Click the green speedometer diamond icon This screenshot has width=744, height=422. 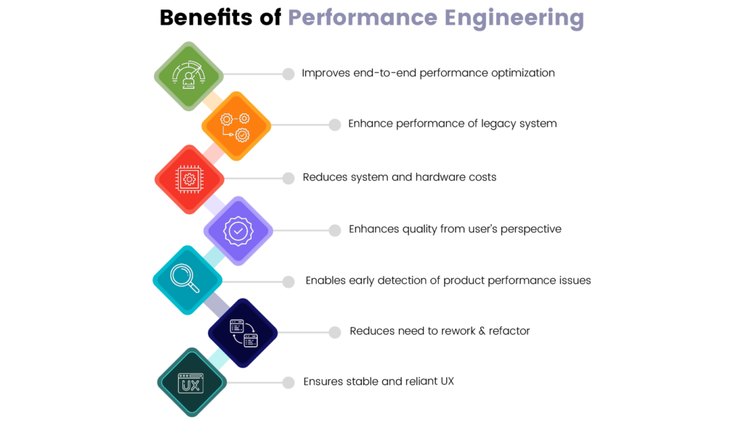[189, 76]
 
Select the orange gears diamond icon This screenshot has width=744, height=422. [235, 126]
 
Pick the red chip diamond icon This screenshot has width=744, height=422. [190, 179]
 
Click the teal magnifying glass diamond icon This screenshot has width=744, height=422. [187, 280]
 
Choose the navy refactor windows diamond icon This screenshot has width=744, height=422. [243, 333]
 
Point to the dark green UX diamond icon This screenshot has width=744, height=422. [192, 382]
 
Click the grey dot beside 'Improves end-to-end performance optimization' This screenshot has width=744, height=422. [288, 73]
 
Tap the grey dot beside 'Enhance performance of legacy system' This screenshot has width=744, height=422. [335, 125]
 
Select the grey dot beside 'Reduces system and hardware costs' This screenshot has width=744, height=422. [288, 178]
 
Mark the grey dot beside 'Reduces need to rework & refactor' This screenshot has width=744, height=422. [335, 332]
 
